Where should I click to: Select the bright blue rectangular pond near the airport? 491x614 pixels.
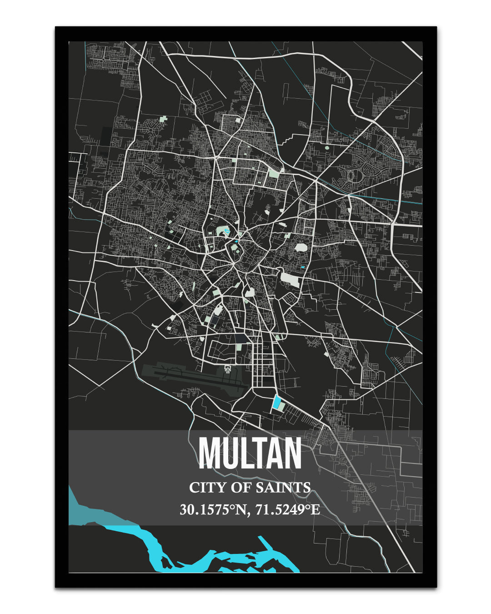(276, 403)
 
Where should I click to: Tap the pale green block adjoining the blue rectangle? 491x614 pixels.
(282, 405)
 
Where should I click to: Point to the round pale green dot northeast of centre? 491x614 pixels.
(327, 147)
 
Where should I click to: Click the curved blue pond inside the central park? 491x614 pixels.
(226, 233)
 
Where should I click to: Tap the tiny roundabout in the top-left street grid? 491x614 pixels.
(104, 59)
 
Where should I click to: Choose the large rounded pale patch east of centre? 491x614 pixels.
(301, 247)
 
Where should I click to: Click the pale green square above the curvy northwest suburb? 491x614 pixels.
(163, 121)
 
